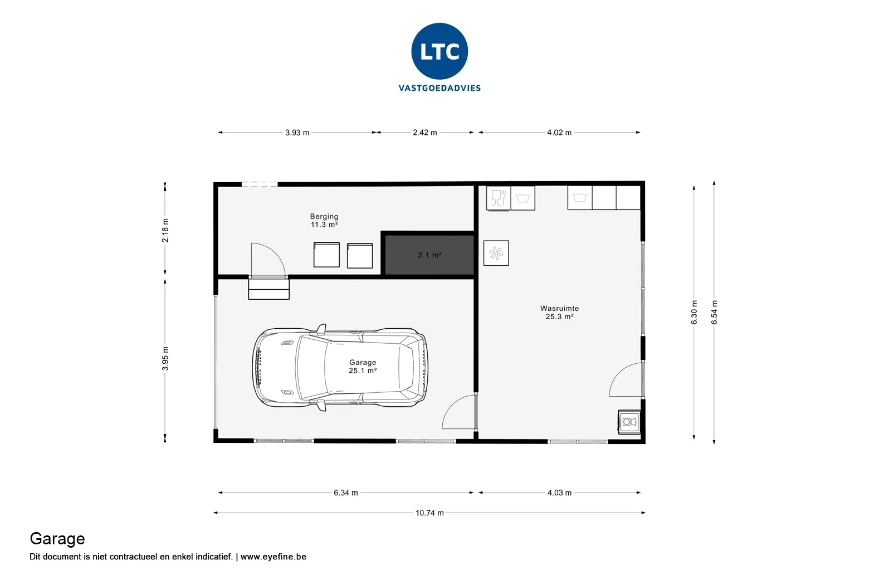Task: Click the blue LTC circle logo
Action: pyautogui.click(x=440, y=51)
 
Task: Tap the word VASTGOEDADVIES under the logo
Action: pyautogui.click(x=440, y=88)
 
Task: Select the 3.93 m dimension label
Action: pyautogui.click(x=297, y=133)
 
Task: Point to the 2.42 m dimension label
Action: pyautogui.click(x=425, y=133)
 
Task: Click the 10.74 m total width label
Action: pyautogui.click(x=429, y=513)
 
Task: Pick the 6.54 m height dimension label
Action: pyautogui.click(x=714, y=313)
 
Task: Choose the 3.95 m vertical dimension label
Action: pyautogui.click(x=165, y=358)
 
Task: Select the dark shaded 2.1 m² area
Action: pyautogui.click(x=429, y=255)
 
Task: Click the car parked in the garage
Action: pyautogui.click(x=340, y=368)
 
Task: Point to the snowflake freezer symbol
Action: pyautogui.click(x=496, y=253)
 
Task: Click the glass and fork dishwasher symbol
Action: pyautogui.click(x=499, y=198)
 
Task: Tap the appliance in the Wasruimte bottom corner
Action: pyautogui.click(x=629, y=422)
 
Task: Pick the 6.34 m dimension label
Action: pyautogui.click(x=346, y=493)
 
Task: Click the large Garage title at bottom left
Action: pyautogui.click(x=57, y=539)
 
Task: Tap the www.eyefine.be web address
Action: pyautogui.click(x=273, y=557)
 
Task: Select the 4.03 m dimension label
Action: pyautogui.click(x=560, y=493)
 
